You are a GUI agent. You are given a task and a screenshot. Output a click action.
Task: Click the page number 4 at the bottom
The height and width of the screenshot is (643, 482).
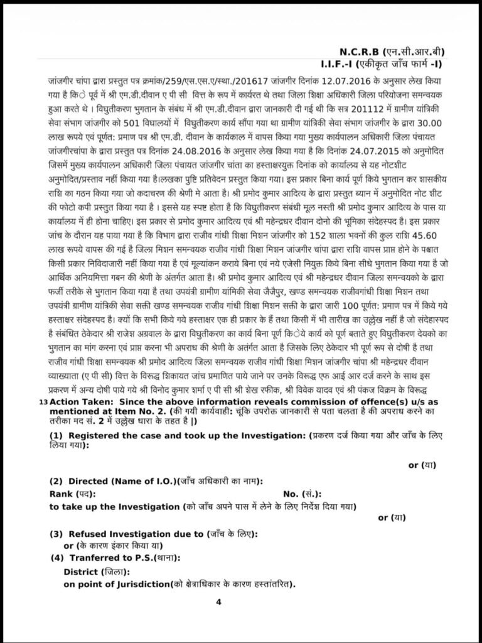click(219, 602)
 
